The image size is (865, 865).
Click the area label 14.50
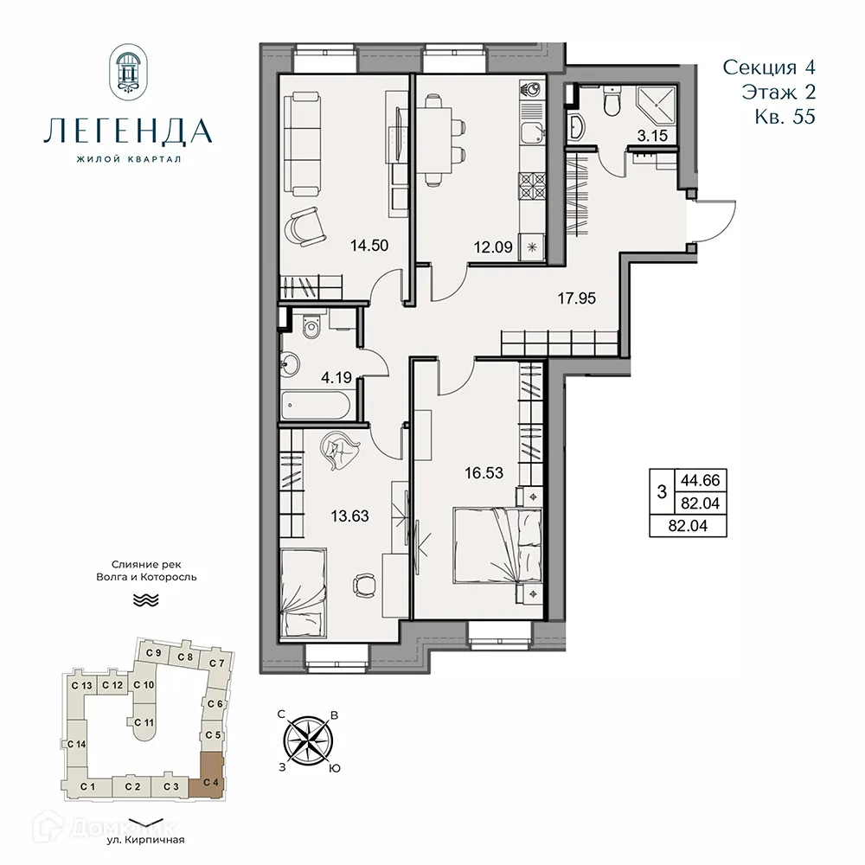[x=368, y=245]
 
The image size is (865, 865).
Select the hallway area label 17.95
[x=577, y=299]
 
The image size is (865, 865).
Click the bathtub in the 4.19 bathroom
[x=316, y=405]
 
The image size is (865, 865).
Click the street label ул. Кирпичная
[x=143, y=839]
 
